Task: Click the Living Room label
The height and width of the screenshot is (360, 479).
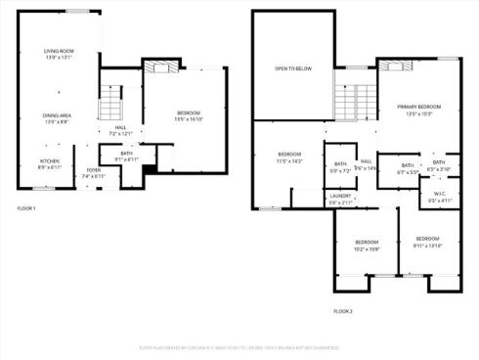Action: click(59, 52)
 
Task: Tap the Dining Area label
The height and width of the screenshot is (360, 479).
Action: click(56, 116)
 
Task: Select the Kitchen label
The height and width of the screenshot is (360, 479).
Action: click(50, 162)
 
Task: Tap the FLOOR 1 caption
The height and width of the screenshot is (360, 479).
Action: click(26, 209)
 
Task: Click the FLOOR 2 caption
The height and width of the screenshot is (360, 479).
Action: click(342, 311)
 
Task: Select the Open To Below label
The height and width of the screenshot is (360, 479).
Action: click(293, 68)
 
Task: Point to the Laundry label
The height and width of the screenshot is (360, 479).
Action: click(340, 198)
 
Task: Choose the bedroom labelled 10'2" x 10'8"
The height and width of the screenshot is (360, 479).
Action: click(367, 245)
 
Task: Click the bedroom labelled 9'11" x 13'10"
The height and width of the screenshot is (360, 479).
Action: click(427, 241)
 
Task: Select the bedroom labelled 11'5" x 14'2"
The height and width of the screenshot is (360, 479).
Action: click(289, 157)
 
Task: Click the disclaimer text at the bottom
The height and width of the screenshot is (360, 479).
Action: click(239, 347)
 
